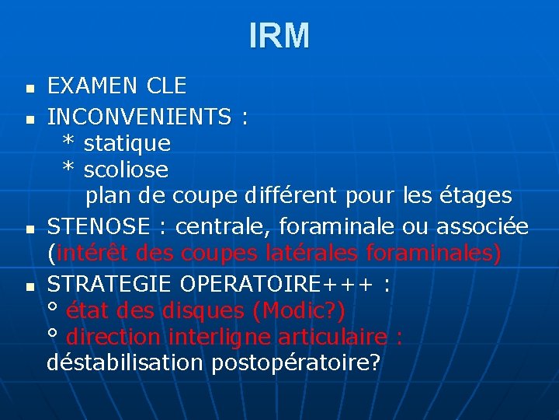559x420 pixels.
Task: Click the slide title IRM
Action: tap(279, 36)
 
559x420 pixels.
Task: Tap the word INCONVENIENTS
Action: tap(139, 117)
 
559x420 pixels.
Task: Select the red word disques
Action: tap(203, 311)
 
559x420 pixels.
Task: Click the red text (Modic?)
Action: tap(299, 311)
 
